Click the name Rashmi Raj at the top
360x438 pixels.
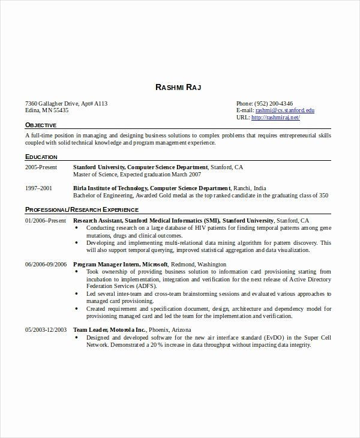point(178,88)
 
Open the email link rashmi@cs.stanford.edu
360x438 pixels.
point(284,110)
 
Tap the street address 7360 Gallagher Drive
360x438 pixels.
point(55,103)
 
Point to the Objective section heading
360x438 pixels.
point(41,125)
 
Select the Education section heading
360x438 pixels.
point(41,157)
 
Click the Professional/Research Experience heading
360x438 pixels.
point(82,210)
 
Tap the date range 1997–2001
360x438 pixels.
point(38,188)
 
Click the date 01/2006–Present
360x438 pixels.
point(45,220)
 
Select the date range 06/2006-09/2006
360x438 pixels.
point(46,264)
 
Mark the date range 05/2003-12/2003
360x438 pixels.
point(46,330)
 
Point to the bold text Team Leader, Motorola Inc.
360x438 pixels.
point(109,330)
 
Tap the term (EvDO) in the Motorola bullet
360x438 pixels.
point(258,338)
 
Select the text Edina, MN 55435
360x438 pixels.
point(47,110)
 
